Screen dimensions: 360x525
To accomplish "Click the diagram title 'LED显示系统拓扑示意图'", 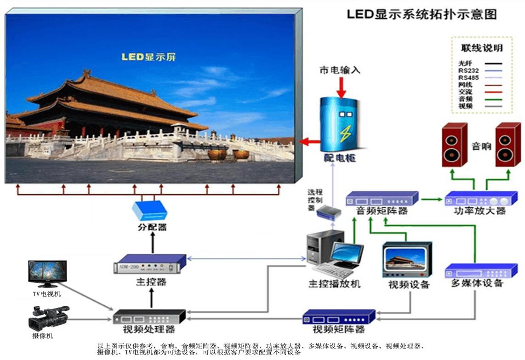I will click(422, 14).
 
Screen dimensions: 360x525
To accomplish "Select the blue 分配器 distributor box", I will click(149, 211).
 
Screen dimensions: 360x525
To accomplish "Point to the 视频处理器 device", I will click(149, 316).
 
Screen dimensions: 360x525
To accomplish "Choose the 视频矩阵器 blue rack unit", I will click(339, 317).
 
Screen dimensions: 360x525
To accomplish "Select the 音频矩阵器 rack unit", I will click(382, 199).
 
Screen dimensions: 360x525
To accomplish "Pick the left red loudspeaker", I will click(455, 144).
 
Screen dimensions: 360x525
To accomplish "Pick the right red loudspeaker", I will click(508, 144).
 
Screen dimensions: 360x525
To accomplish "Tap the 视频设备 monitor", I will click(407, 260).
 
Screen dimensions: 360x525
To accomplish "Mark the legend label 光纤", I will click(465, 63).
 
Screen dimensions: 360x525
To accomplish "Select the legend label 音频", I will click(465, 99).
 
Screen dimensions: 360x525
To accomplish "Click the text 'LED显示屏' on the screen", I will click(148, 57).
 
